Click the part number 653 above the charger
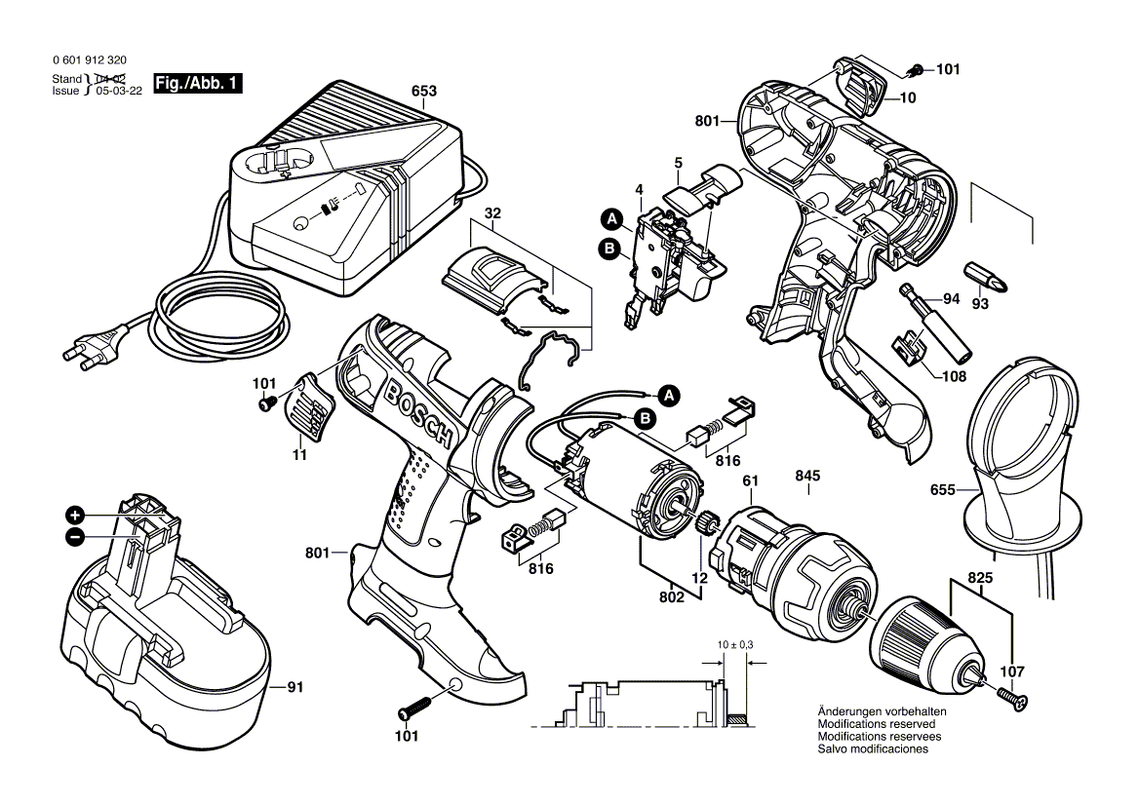pos(423,92)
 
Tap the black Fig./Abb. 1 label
pos(197,85)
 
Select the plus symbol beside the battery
pos(75,515)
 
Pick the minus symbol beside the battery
pos(75,537)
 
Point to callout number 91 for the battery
pos(295,688)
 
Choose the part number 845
pos(807,477)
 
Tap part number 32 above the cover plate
pos(492,213)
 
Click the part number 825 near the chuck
pos(980,578)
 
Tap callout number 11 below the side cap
pos(299,454)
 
